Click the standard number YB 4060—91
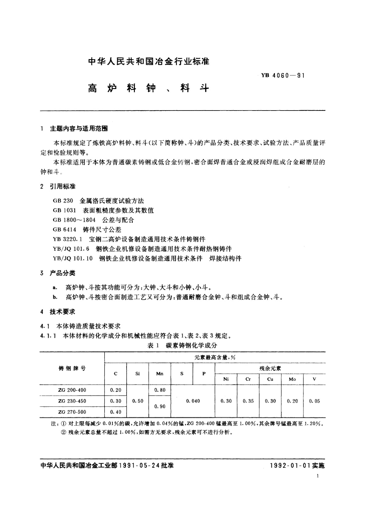click(x=283, y=75)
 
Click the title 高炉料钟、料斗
click(x=148, y=88)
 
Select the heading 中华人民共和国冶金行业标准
click(x=148, y=61)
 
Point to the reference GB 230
click(x=63, y=201)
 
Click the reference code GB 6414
click(x=63, y=229)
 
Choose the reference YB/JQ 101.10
click(x=73, y=258)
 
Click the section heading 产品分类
click(x=63, y=273)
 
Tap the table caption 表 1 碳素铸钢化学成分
click(x=182, y=345)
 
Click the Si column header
click(x=138, y=374)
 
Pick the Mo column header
click(x=292, y=379)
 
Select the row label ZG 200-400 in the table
click(x=72, y=390)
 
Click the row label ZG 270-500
click(x=72, y=412)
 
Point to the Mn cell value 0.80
click(x=160, y=390)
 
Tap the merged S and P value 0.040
click(x=193, y=401)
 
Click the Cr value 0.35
click(x=248, y=401)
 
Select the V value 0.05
click(x=314, y=401)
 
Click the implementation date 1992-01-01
click(x=291, y=466)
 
